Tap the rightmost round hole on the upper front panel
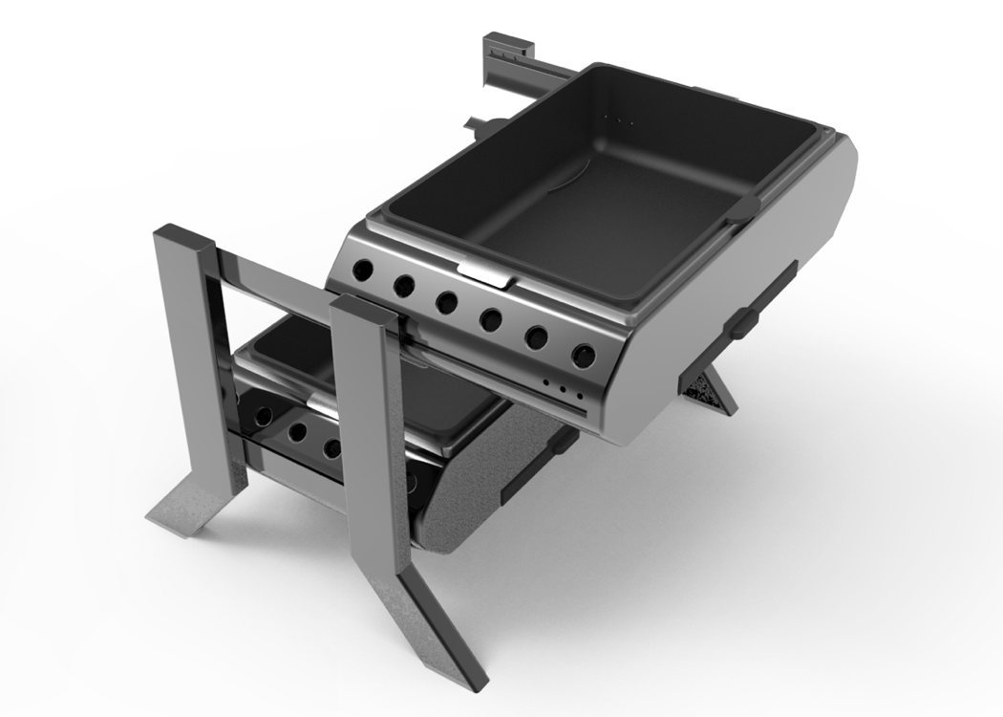click(x=582, y=356)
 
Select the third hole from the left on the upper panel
click(x=446, y=302)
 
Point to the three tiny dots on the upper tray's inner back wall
click(x=626, y=122)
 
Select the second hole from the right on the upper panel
click(x=537, y=337)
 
